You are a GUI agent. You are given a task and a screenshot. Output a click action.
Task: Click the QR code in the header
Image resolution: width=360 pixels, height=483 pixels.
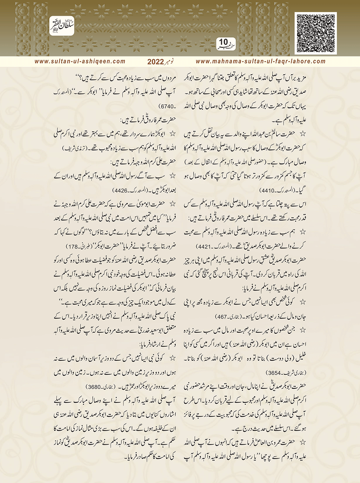pyautogui.click(x=315, y=33)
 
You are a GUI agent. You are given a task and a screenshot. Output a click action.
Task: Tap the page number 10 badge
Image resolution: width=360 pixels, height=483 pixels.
pyautogui.click(x=224, y=43)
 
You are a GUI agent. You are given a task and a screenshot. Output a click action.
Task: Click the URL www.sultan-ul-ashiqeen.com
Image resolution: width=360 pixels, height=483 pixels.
pyautogui.click(x=80, y=61)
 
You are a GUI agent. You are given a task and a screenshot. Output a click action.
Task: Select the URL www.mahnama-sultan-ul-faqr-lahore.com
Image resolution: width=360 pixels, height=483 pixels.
pyautogui.click(x=261, y=61)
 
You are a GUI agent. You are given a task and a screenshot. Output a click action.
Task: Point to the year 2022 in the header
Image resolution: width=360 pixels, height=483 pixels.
pyautogui.click(x=156, y=62)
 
